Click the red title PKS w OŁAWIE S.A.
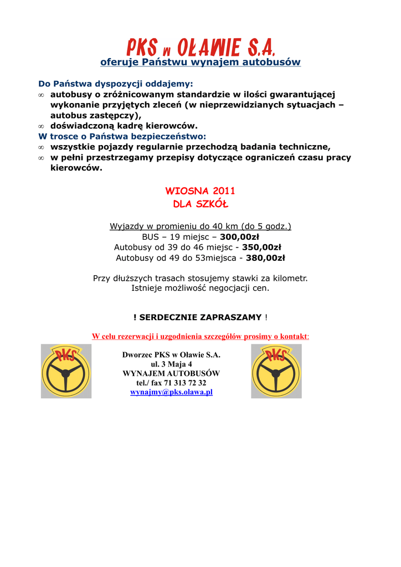(x=200, y=48)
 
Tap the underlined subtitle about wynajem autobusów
(x=200, y=62)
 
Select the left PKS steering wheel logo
(x=66, y=371)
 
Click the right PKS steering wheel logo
(x=276, y=371)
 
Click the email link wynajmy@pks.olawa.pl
(x=171, y=392)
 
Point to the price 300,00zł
(x=239, y=237)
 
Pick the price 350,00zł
(x=261, y=248)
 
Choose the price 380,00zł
(x=265, y=258)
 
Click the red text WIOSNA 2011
(x=200, y=191)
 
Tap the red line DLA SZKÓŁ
(x=200, y=204)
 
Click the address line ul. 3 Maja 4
(x=171, y=364)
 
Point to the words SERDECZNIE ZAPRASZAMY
(x=200, y=317)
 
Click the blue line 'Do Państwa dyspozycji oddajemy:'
(x=116, y=84)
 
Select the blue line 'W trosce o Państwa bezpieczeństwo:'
(x=122, y=136)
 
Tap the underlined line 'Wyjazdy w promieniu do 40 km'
(x=200, y=226)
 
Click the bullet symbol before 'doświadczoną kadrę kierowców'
(x=41, y=126)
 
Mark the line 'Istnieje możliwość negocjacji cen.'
(x=200, y=288)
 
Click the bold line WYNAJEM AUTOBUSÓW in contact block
(x=171, y=373)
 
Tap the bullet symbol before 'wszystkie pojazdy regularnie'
(x=41, y=147)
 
